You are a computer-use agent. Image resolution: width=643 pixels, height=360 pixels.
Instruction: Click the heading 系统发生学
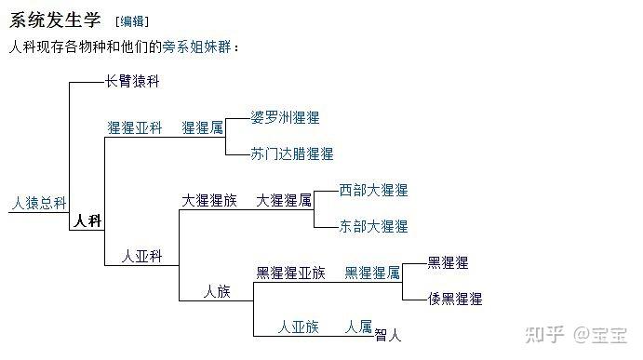(55, 20)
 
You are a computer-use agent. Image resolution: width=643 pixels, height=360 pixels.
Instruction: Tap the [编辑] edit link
(131, 21)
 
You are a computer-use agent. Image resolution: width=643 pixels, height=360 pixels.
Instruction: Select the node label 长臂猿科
(133, 82)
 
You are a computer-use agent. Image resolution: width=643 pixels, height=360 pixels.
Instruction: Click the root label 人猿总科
(38, 202)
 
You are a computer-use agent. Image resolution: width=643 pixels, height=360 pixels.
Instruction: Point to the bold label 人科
(88, 221)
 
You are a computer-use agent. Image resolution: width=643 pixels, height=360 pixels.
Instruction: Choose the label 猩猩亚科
(135, 127)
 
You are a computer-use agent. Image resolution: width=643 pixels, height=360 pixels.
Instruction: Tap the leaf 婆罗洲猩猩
(286, 118)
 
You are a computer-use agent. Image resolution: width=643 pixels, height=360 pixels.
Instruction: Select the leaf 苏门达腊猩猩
(292, 153)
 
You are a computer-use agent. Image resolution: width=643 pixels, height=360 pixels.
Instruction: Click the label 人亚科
(143, 256)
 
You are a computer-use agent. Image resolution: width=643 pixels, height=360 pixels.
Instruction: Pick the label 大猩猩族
(209, 200)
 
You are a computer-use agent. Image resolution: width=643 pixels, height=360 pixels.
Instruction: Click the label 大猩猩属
(284, 200)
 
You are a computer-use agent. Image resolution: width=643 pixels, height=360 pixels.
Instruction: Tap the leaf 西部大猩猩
(373, 190)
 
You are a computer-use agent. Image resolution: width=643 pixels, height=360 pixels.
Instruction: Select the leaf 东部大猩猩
(373, 226)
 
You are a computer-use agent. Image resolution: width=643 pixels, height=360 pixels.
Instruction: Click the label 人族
(217, 291)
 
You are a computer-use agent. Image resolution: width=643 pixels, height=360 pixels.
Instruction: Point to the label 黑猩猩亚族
(290, 273)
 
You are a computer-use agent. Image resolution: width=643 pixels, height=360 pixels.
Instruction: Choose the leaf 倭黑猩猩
(455, 299)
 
